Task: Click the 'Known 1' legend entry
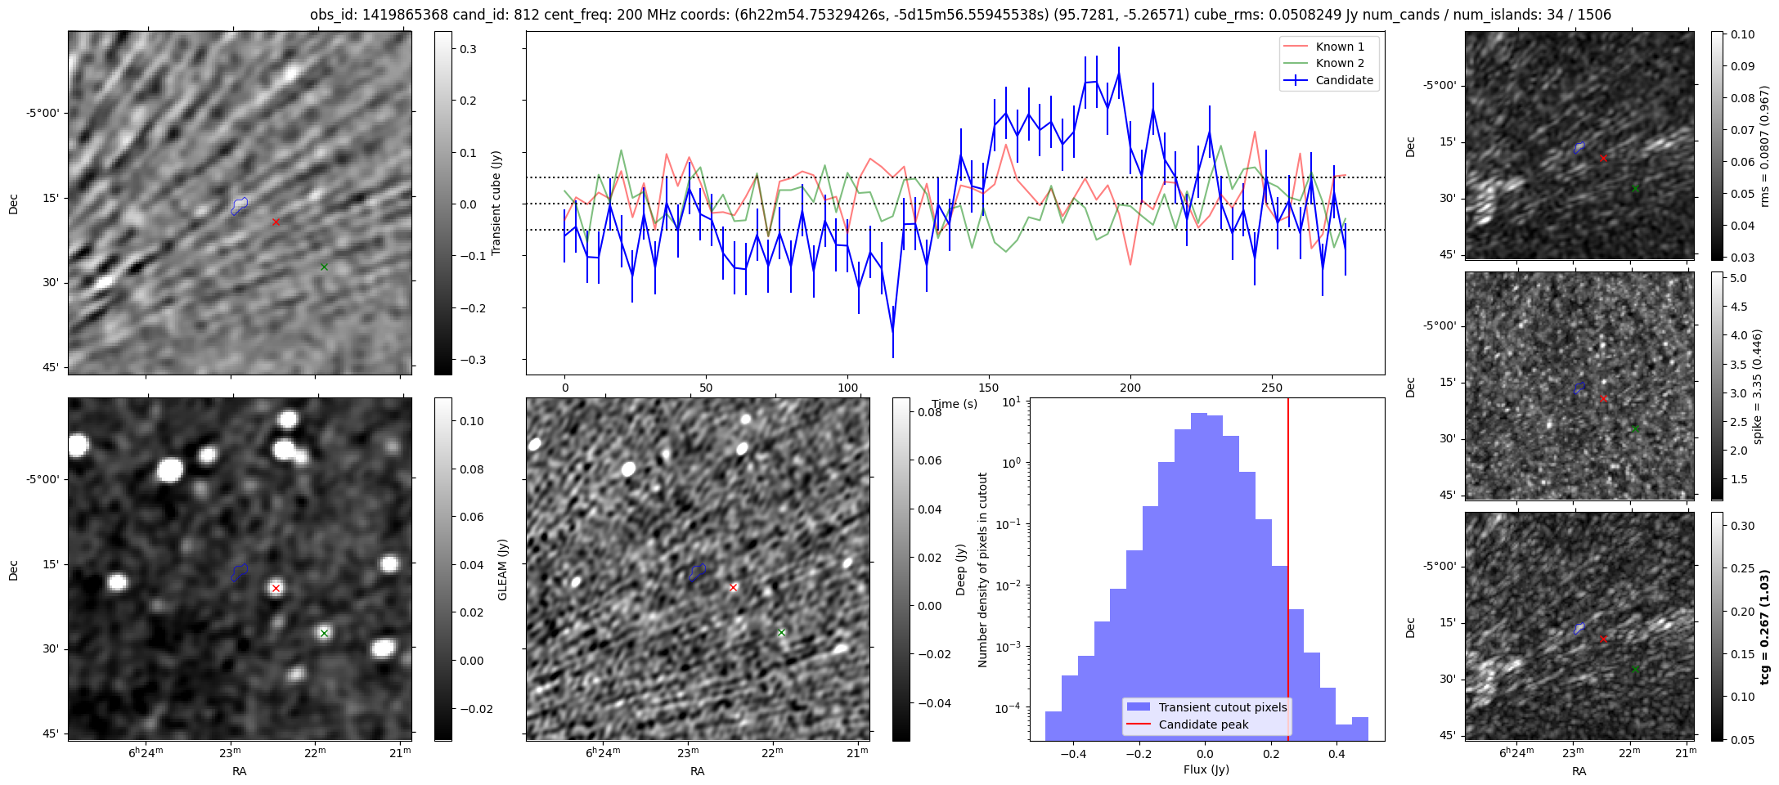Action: (1339, 47)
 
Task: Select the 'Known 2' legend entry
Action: (1339, 63)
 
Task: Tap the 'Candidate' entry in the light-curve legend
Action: (1344, 80)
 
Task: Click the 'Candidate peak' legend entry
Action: (1203, 724)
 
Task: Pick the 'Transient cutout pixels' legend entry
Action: (1222, 707)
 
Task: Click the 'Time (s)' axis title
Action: (955, 404)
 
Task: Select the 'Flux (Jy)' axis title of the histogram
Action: (1206, 769)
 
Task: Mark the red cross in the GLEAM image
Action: (276, 588)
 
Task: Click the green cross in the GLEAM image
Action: (324, 633)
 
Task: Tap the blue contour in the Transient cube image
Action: (239, 205)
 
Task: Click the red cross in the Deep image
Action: (734, 588)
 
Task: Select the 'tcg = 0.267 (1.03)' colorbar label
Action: (1766, 627)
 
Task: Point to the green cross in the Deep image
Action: (781, 633)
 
